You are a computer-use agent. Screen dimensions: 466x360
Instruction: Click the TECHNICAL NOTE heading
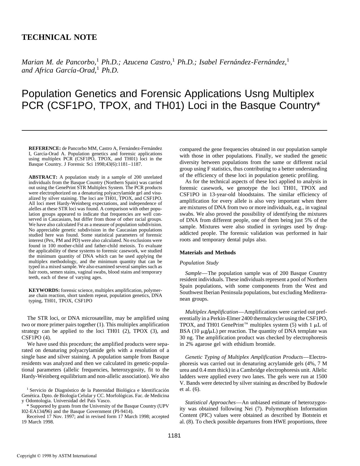[59, 38]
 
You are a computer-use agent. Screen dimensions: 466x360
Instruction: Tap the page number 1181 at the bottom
[174, 436]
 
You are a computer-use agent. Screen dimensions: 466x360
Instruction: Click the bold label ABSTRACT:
[43, 177]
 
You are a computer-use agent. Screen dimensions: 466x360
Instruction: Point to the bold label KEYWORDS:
[44, 290]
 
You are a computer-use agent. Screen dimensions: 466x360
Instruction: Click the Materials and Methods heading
[208, 253]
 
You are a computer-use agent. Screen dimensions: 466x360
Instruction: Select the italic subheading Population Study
[199, 263]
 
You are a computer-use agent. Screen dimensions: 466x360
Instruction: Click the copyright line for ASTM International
[57, 456]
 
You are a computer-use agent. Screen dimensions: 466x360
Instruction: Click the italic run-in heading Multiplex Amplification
[211, 312]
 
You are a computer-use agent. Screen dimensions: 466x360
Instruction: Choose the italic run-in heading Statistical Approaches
[210, 402]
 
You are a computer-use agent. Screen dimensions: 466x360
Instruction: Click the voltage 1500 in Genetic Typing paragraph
[321, 377]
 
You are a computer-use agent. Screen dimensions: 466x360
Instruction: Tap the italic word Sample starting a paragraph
[193, 273]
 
